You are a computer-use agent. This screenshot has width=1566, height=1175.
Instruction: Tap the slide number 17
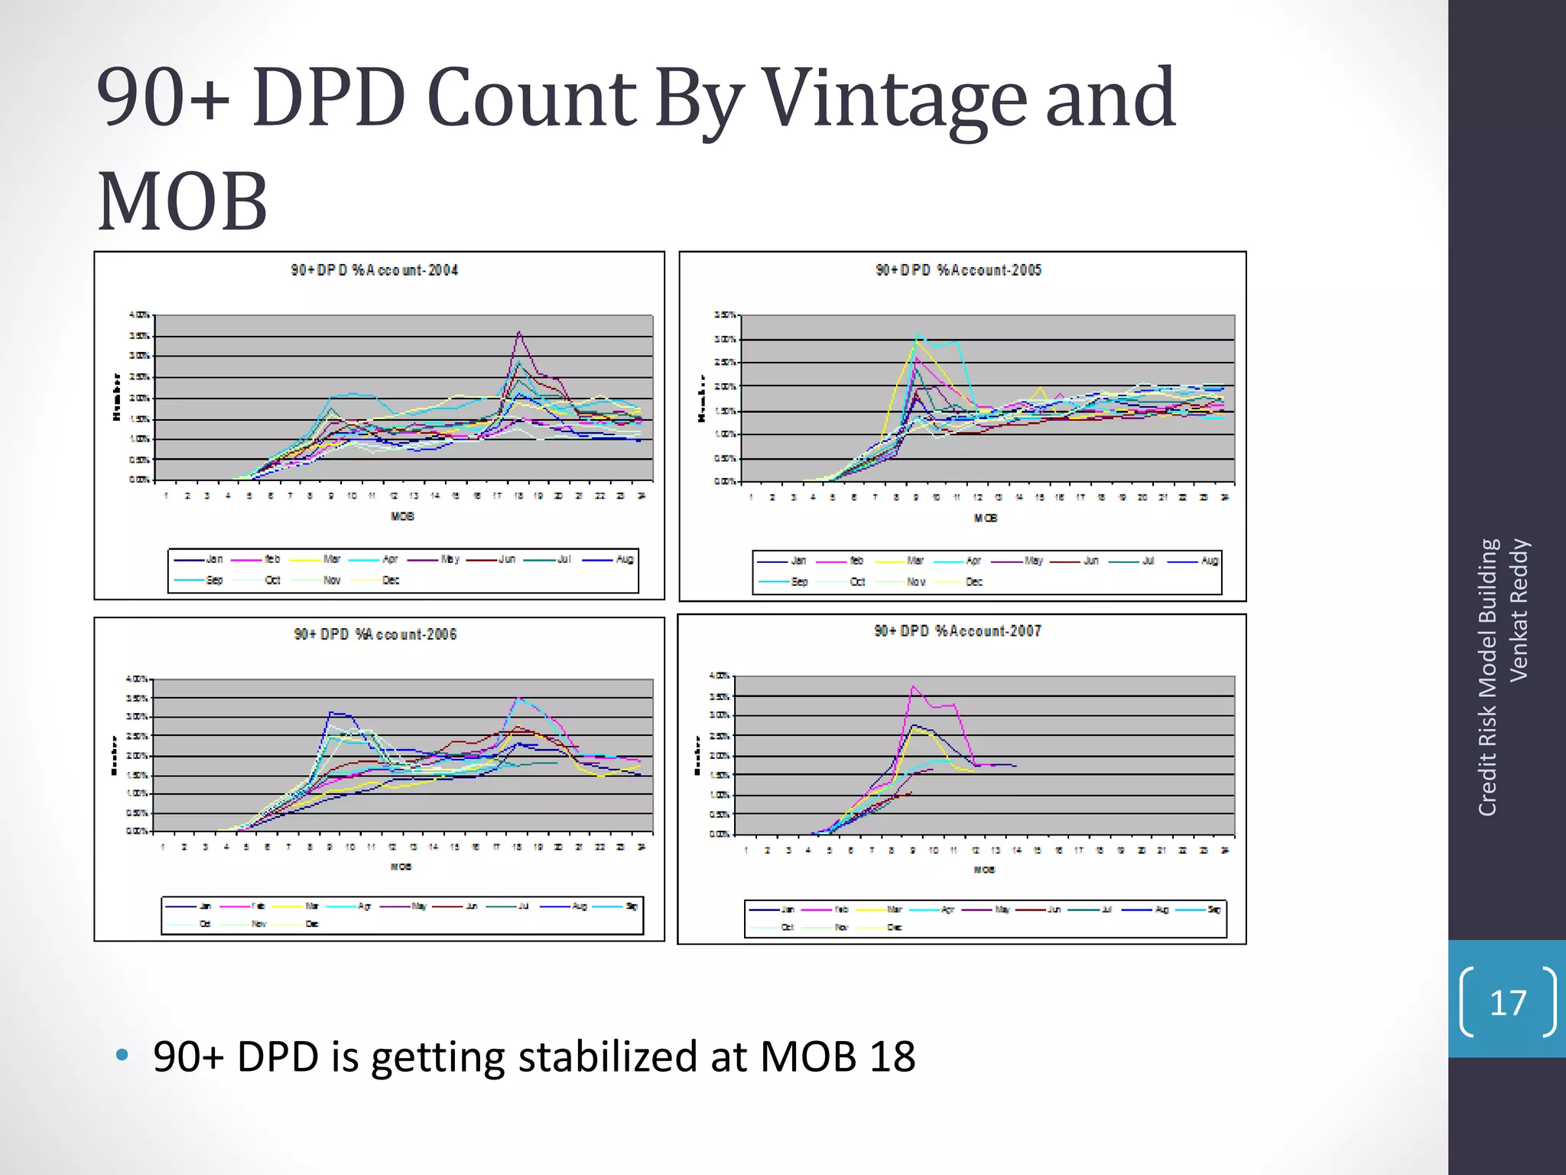[x=1507, y=1003]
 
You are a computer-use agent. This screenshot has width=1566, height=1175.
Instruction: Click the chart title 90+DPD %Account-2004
[x=375, y=270]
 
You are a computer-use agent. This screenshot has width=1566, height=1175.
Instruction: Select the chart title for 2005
[x=958, y=270]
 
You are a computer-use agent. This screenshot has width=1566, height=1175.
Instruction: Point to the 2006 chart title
[x=375, y=634]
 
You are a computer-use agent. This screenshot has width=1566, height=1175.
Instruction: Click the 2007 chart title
[x=957, y=631]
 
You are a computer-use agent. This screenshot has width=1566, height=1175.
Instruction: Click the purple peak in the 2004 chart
[x=519, y=333]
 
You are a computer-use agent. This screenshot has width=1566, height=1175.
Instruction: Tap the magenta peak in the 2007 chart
[x=912, y=687]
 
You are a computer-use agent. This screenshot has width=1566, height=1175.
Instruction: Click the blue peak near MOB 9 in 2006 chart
[x=330, y=713]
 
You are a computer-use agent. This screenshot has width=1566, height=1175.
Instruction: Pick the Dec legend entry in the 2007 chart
[x=895, y=927]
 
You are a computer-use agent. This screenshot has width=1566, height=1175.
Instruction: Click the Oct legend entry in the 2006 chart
[x=205, y=924]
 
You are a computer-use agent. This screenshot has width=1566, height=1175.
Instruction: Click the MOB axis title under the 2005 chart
[x=985, y=518]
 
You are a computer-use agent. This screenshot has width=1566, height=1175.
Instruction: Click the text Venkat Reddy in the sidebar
[x=1519, y=610]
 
